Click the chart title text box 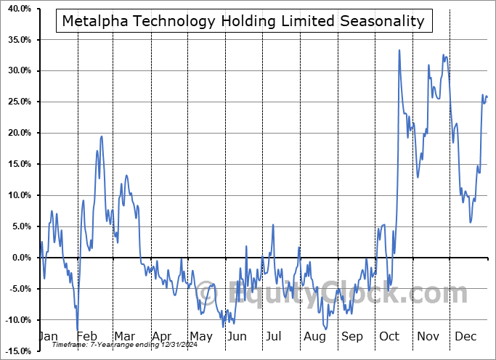click(x=243, y=21)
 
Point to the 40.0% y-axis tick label click(x=17, y=9)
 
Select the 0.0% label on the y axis click(x=19, y=258)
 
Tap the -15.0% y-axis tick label click(x=15, y=351)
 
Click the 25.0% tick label click(x=17, y=102)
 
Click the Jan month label click(x=47, y=337)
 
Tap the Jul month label click(x=274, y=337)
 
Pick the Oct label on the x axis click(x=389, y=337)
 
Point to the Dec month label click(x=465, y=337)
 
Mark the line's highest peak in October click(x=399, y=50)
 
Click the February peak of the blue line click(x=102, y=136)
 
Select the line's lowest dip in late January click(x=77, y=329)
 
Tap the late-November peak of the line click(x=444, y=54)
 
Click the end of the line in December click(x=487, y=97)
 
